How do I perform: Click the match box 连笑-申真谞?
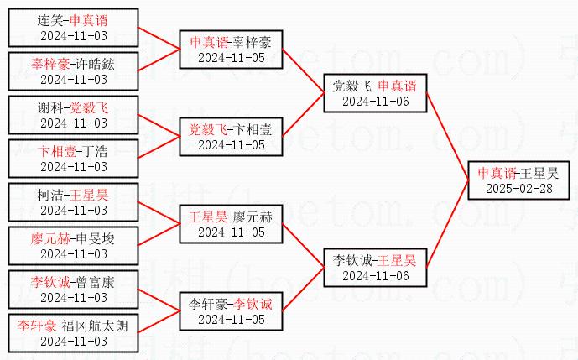74,27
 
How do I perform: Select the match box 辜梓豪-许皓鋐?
74,70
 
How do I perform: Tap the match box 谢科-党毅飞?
74,115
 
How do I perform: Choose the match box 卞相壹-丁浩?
74,159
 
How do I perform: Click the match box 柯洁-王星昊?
74,202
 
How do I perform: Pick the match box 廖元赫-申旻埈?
74,246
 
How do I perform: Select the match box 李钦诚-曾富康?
74,290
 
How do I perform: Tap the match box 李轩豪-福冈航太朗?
74,333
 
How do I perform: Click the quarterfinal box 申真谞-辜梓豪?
231,50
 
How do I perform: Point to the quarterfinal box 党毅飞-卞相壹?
231,137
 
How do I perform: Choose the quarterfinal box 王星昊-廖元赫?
231,224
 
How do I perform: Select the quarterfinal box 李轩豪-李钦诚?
231,311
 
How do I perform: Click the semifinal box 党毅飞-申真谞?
375,93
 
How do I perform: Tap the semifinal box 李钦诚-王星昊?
375,268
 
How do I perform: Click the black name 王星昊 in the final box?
539,173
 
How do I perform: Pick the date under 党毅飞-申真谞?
375,101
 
